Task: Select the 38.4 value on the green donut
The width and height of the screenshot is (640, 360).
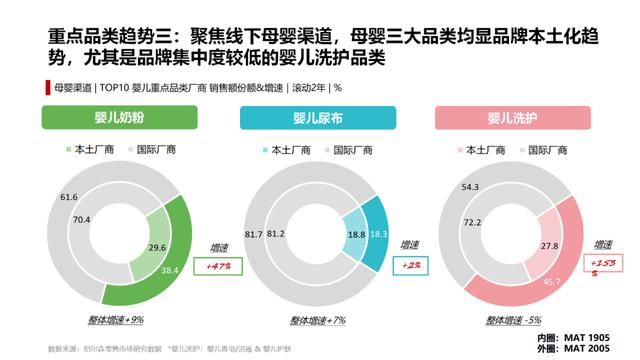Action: [x=171, y=270]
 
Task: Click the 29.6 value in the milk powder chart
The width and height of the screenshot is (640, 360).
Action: [x=156, y=247]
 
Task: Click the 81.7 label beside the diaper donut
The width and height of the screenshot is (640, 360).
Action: [x=254, y=234]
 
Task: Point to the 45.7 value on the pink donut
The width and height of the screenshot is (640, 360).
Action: [x=550, y=282]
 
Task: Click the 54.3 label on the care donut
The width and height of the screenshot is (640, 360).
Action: [x=471, y=187]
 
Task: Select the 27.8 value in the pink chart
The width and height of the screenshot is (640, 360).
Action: [x=549, y=245]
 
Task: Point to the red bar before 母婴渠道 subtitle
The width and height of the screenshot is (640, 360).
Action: [x=47, y=88]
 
